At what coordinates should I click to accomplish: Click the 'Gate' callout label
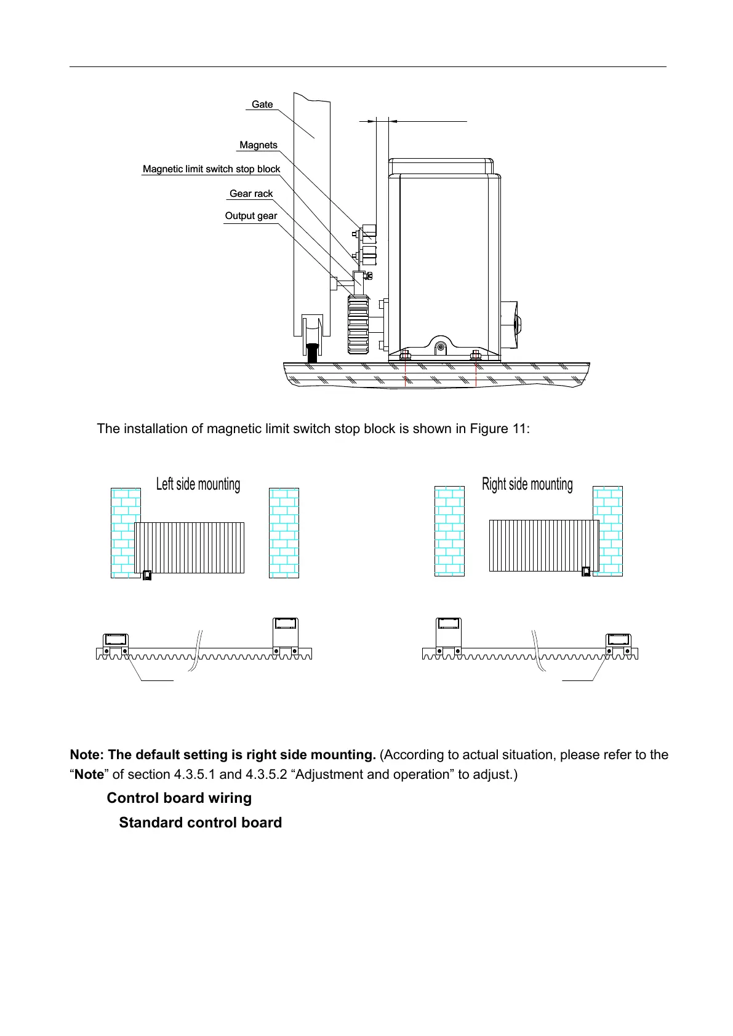[262, 105]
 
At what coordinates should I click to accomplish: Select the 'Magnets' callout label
[258, 145]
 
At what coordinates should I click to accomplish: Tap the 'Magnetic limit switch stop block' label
[211, 169]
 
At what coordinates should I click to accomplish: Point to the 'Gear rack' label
[250, 194]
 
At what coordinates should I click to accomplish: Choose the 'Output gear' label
[250, 216]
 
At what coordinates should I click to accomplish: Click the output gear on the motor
[358, 324]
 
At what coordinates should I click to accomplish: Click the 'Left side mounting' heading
[198, 484]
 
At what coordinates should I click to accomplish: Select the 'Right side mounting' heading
[527, 484]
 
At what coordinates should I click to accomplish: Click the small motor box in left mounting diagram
[147, 576]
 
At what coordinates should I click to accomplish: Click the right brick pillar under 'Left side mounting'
[284, 533]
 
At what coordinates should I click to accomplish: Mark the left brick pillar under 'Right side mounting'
[449, 530]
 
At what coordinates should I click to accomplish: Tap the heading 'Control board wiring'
[179, 799]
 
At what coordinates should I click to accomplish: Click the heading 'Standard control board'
[200, 823]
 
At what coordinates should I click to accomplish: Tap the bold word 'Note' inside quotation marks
[89, 775]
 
